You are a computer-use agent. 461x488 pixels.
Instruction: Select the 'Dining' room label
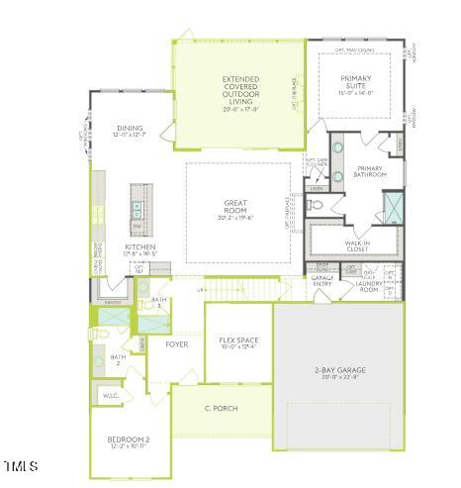click(x=130, y=128)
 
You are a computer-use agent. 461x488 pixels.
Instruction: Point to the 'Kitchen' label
click(x=138, y=246)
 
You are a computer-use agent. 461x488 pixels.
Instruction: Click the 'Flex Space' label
click(x=237, y=340)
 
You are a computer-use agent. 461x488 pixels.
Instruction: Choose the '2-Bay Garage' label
click(x=338, y=369)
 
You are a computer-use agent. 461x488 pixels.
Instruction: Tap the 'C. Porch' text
click(x=222, y=408)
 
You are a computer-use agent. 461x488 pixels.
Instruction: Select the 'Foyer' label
click(x=177, y=344)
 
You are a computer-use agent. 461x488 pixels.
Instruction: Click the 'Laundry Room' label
click(x=369, y=285)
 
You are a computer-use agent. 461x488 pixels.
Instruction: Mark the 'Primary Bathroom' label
click(x=370, y=171)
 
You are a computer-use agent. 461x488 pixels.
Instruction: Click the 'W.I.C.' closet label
click(x=111, y=396)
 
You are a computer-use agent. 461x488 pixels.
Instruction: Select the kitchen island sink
click(x=136, y=207)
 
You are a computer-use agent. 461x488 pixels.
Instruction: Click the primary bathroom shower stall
click(x=393, y=206)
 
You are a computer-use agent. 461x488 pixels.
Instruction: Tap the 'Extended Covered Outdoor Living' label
click(x=240, y=89)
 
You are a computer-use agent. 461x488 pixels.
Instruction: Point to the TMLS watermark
click(x=21, y=465)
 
